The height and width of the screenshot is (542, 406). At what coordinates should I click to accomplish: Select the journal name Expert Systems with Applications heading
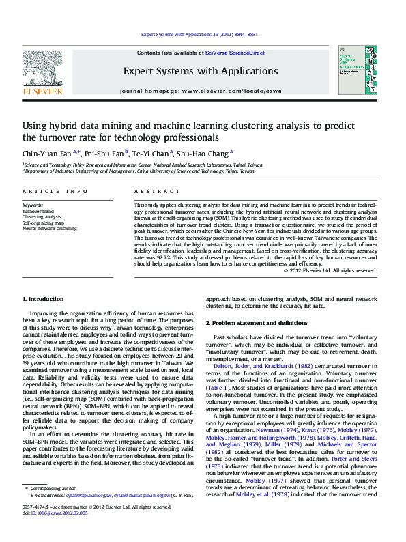coord(200,71)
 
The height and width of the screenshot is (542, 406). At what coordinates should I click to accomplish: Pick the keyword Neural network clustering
coord(49,228)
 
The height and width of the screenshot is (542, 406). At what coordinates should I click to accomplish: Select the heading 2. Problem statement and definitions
coord(256,322)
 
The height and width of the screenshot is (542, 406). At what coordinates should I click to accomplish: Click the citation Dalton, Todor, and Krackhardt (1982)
coord(256,367)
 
